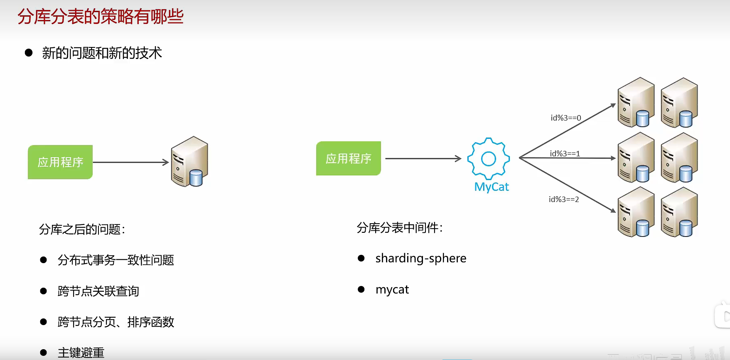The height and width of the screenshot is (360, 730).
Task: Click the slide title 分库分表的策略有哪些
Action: [x=100, y=17]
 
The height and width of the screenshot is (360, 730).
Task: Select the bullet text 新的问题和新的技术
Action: [x=102, y=53]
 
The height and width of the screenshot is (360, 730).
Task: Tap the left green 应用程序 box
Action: [x=60, y=162]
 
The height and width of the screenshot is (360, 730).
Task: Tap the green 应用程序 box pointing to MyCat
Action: [x=348, y=158]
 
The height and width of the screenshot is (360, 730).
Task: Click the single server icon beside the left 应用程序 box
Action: [x=189, y=161]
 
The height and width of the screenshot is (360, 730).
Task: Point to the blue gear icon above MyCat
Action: [x=488, y=158]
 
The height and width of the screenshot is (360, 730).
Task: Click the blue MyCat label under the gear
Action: [x=492, y=187]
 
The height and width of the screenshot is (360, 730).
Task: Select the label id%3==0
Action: [x=565, y=118]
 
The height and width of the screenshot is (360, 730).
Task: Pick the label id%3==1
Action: [x=565, y=154]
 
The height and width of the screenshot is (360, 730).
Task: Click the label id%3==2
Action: [x=563, y=200]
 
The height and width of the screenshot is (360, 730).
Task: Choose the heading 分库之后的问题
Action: [x=82, y=229]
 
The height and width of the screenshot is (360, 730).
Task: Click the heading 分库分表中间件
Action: [x=399, y=228]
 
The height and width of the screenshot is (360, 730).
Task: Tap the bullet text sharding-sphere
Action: [x=420, y=258]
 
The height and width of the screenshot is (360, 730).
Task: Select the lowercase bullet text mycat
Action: [x=392, y=289]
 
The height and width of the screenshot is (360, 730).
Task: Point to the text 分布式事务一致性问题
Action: [x=116, y=260]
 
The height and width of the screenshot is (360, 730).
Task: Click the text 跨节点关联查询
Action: [x=98, y=291]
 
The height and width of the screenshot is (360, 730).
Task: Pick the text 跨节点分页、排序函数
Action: [x=116, y=322]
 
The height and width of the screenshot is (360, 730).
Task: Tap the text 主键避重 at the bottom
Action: [x=81, y=353]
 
